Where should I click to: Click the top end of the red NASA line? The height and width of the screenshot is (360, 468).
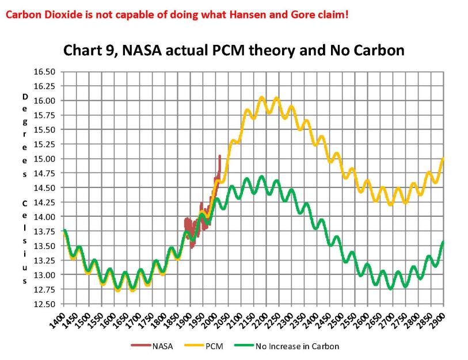219,156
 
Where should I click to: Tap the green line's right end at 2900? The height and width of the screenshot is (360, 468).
443,242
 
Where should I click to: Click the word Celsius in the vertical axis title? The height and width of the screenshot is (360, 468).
24,242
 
